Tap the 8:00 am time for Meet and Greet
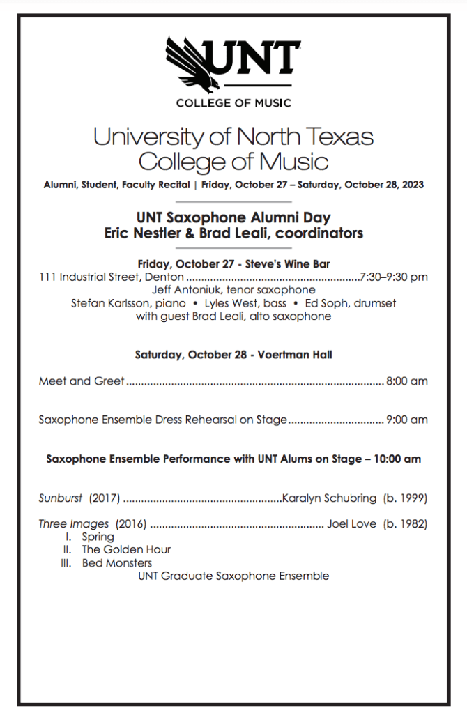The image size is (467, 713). click(407, 381)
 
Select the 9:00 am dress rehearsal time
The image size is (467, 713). click(407, 420)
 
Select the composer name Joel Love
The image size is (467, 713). click(352, 523)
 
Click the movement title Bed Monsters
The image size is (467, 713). click(116, 562)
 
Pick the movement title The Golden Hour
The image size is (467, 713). click(126, 550)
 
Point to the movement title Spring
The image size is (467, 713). click(98, 537)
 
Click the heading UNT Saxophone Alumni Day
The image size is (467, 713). click(233, 218)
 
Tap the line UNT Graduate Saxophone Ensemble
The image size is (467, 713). click(233, 576)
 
